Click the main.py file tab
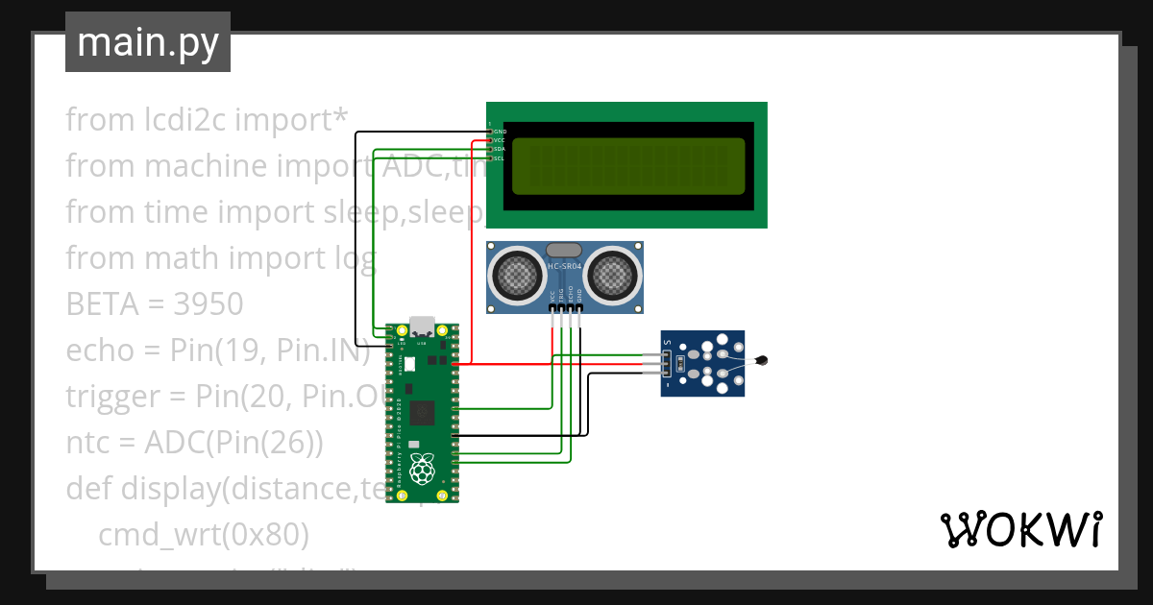(x=148, y=43)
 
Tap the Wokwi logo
(x=1019, y=529)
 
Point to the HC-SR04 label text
(x=565, y=266)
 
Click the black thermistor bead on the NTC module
(x=762, y=361)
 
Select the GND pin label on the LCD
(x=500, y=131)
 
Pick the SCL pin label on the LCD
(x=500, y=158)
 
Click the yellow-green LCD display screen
(x=628, y=165)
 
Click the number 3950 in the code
(x=209, y=305)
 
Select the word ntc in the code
(x=88, y=444)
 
